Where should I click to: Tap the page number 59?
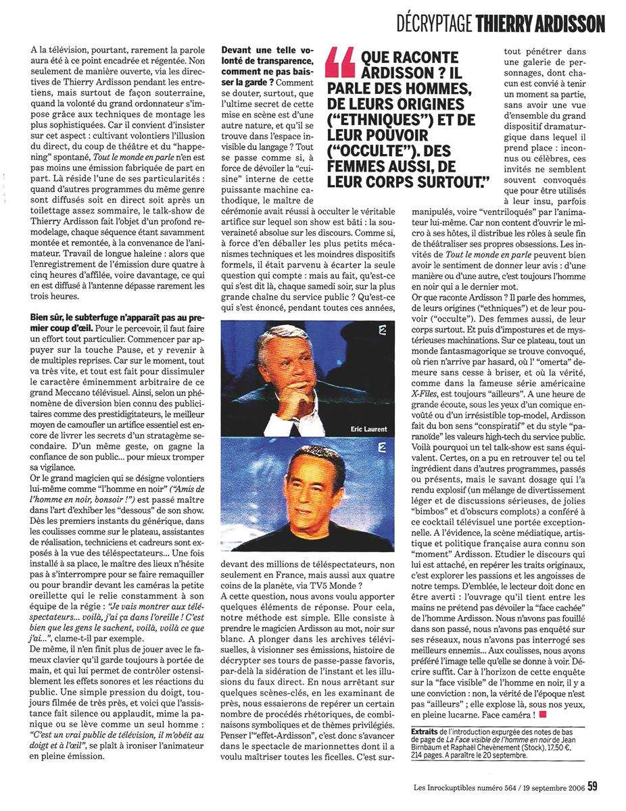point(592,785)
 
